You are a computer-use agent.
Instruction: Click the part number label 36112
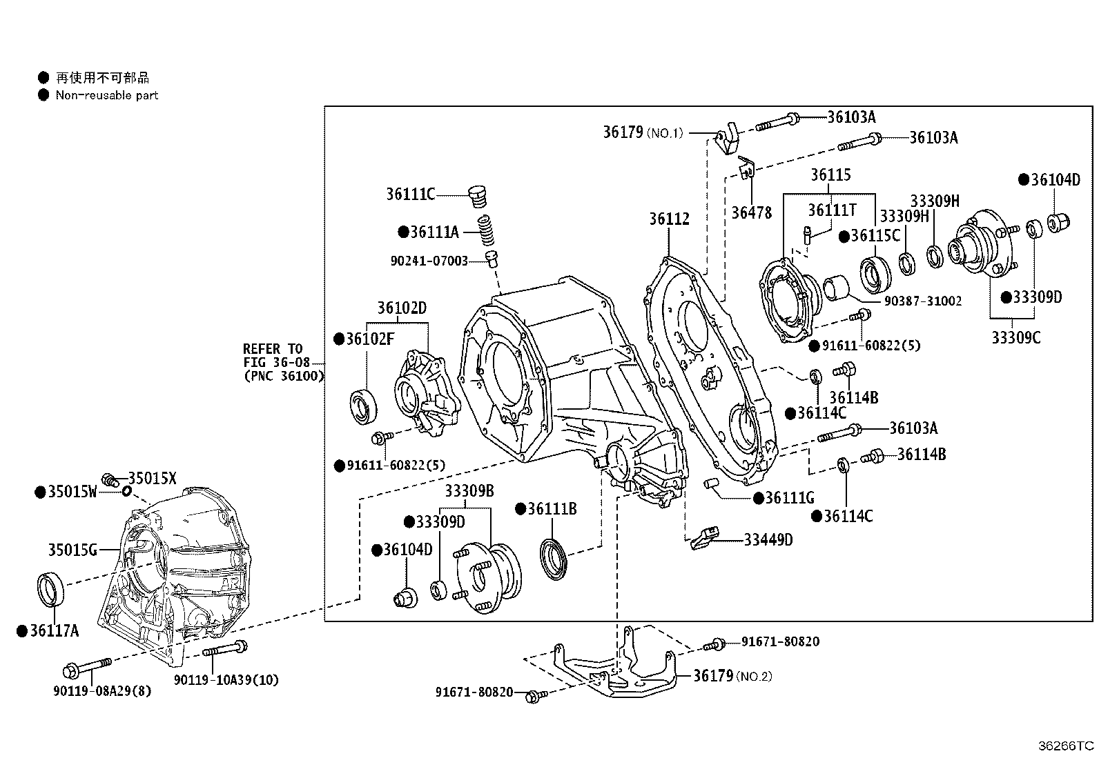point(668,219)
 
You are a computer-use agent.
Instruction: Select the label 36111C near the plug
point(410,195)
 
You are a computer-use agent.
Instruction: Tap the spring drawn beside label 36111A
point(488,230)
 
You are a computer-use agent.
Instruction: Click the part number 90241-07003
point(428,261)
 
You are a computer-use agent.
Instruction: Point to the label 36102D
point(402,308)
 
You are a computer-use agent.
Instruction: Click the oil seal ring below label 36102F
point(363,406)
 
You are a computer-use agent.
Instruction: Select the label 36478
point(751,213)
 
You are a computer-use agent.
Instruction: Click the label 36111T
point(831,210)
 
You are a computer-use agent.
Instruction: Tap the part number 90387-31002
point(922,301)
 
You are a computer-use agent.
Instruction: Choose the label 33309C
point(1015,338)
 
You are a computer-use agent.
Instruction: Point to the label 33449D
point(768,540)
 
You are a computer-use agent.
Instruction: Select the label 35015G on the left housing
point(72,550)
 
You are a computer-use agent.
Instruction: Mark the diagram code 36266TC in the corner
point(1067,746)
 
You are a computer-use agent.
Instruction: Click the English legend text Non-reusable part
point(107,96)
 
